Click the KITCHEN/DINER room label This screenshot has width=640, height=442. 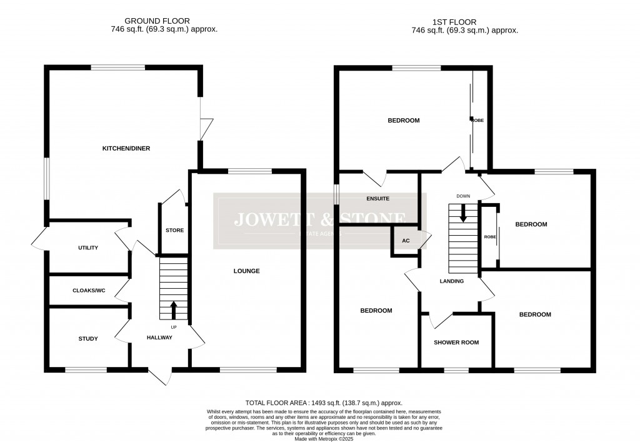click(126, 148)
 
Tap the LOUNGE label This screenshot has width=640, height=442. click(246, 271)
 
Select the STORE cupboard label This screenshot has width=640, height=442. click(174, 231)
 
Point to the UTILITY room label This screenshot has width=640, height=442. click(88, 248)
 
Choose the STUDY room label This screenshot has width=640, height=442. click(88, 339)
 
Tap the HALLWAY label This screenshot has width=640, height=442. click(159, 338)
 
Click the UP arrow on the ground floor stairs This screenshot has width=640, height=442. click(174, 309)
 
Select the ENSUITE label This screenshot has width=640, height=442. click(377, 198)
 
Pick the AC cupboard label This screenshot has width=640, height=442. click(406, 241)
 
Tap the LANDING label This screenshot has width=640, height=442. click(451, 281)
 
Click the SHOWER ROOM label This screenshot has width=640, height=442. click(456, 343)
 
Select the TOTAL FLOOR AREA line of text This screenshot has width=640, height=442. click(324, 403)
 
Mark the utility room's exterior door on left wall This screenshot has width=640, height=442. click(39, 238)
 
